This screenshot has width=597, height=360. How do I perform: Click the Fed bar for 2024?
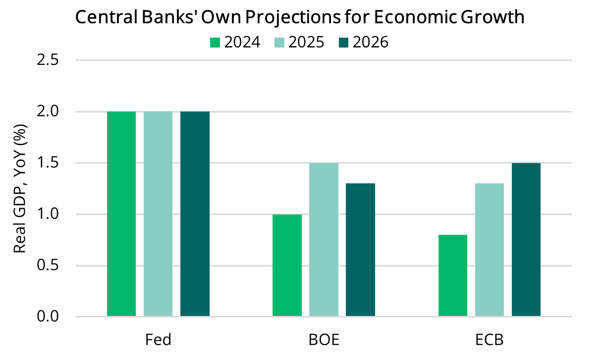(121, 214)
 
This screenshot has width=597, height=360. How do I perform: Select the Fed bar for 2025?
(158, 214)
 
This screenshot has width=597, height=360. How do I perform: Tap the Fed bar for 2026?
(195, 214)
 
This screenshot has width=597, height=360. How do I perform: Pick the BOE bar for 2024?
(287, 265)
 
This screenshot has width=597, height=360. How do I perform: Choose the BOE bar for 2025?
(324, 240)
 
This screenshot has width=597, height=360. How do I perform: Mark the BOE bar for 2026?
(361, 250)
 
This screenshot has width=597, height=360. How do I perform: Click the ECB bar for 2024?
(453, 276)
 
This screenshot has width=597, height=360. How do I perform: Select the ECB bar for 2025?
(489, 250)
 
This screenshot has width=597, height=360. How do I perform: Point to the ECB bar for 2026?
(526, 240)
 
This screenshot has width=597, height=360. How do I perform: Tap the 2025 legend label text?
(306, 43)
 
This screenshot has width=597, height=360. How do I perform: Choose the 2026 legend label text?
(370, 43)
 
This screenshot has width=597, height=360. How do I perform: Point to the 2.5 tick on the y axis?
(48, 60)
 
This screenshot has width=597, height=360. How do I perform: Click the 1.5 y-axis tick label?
(48, 163)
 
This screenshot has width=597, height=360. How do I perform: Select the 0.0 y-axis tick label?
(48, 316)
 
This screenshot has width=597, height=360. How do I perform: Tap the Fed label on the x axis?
(158, 340)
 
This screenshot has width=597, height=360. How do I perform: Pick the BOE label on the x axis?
(324, 340)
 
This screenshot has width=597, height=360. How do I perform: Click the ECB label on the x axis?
(489, 340)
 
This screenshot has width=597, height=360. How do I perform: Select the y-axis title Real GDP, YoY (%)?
(20, 189)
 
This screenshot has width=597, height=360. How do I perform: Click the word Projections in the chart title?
(287, 18)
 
